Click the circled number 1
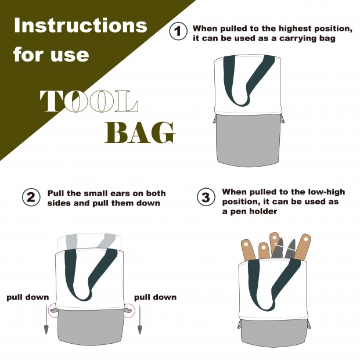(178, 31)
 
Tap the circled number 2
(31, 197)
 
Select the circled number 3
(206, 197)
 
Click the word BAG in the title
(140, 132)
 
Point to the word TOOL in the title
(89, 101)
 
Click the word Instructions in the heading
(80, 25)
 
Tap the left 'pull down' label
(28, 297)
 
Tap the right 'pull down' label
(156, 297)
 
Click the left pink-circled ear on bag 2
(53, 311)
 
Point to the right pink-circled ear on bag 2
(128, 311)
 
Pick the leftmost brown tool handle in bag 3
(248, 250)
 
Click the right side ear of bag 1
(283, 119)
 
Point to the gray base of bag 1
(249, 139)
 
